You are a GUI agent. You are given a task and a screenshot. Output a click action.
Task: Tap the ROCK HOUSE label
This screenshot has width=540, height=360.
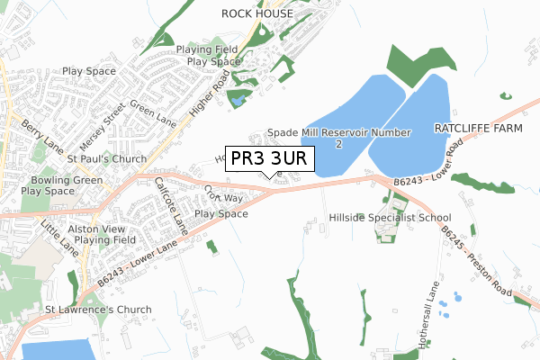pyautogui.click(x=257, y=13)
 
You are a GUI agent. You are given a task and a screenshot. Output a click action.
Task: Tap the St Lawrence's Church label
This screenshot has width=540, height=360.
pyautogui.click(x=98, y=310)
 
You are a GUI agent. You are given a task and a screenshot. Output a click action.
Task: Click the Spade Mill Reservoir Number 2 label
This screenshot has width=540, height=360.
pyautogui.click(x=339, y=138)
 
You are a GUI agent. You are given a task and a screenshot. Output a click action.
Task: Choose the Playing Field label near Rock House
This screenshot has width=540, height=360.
pyautogui.click(x=207, y=49)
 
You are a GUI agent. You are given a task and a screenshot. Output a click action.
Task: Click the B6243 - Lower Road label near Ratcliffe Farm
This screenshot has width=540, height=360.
pyautogui.click(x=432, y=174)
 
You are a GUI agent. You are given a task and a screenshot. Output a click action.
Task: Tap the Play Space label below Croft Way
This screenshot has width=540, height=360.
pyautogui.click(x=221, y=214)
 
